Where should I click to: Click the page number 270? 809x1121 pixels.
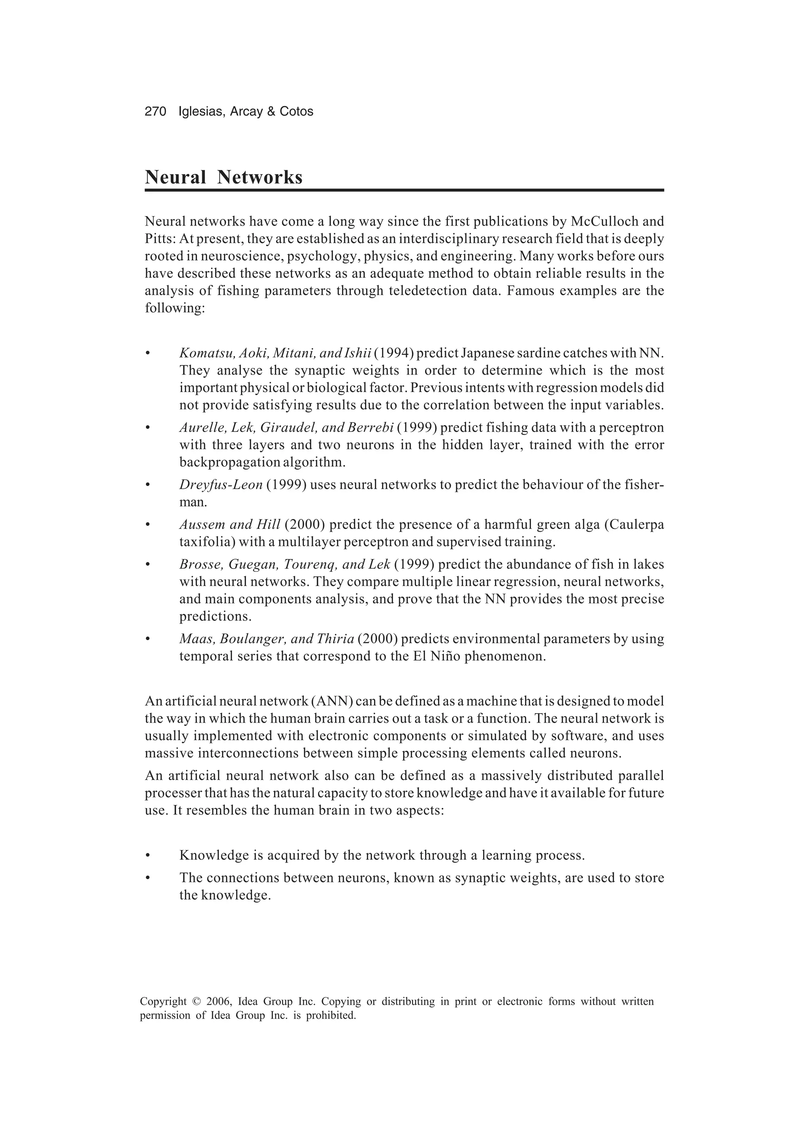155,112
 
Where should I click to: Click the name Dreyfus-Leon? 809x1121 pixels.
221,484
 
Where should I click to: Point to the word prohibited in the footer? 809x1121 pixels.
331,1016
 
